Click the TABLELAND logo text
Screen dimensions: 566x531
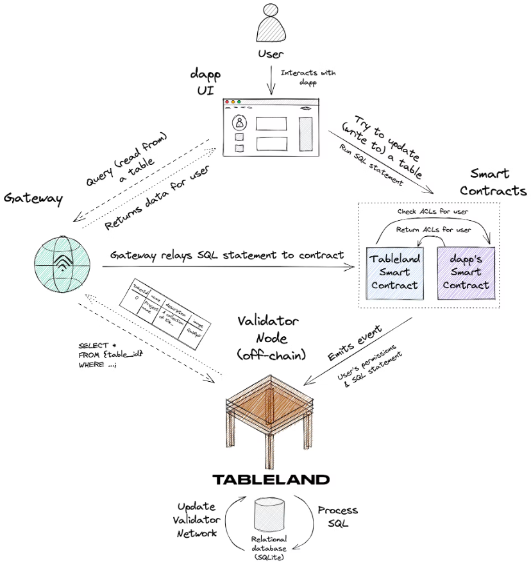(x=271, y=479)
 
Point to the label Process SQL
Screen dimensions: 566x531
(x=338, y=517)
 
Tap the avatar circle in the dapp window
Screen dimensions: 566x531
(x=239, y=122)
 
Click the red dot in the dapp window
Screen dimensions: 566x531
(x=226, y=101)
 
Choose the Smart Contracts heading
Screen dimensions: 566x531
(x=493, y=182)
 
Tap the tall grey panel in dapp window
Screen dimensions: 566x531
(x=306, y=133)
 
